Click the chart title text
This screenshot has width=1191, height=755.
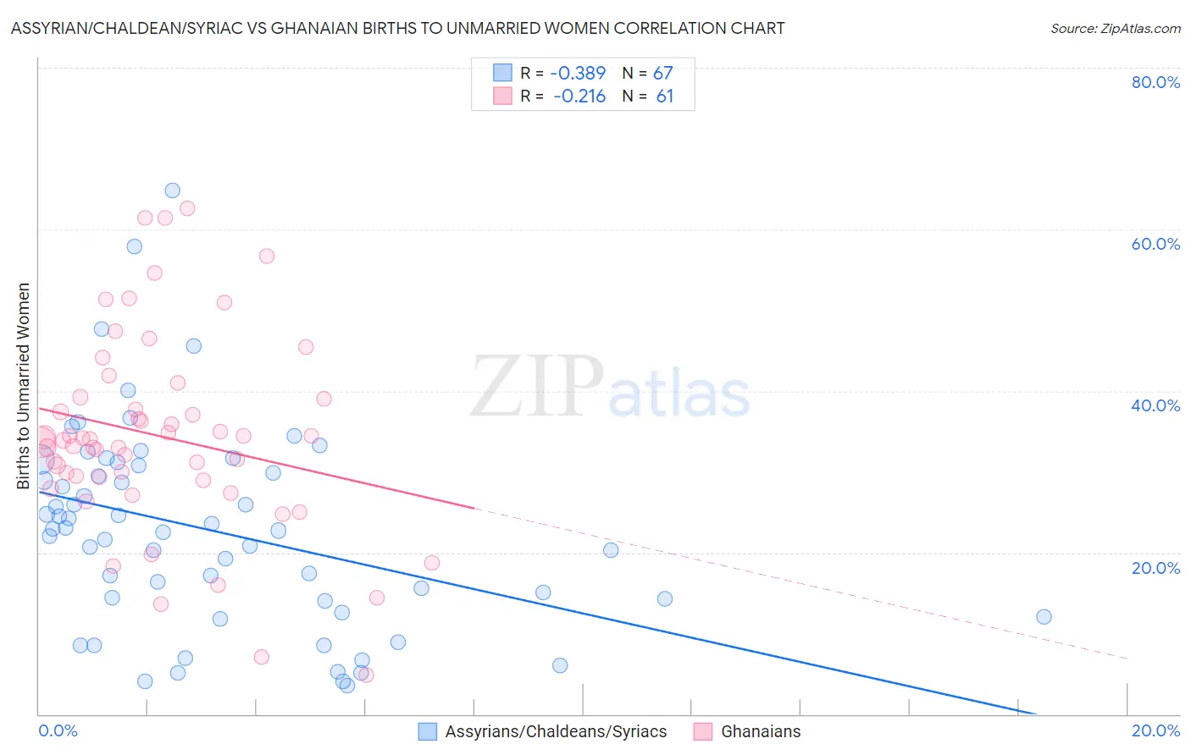[x=397, y=28]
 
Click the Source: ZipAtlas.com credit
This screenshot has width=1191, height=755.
[x=1115, y=28]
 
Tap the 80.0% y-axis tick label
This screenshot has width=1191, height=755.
[x=1155, y=82]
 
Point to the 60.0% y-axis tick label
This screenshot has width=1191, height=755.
[x=1155, y=244]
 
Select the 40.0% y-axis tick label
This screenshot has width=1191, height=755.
[x=1155, y=405]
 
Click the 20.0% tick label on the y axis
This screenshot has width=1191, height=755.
[x=1155, y=568]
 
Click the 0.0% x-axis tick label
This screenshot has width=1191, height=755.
[x=58, y=730]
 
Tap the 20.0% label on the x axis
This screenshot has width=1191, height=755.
[x=1155, y=730]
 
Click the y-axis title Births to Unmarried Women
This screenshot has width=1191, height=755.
[x=24, y=386]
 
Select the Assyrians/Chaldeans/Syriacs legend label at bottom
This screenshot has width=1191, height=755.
[x=556, y=732]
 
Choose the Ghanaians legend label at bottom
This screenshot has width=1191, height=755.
[x=761, y=732]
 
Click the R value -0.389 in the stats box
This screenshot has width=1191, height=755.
[x=578, y=73]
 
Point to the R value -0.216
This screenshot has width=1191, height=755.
[x=579, y=96]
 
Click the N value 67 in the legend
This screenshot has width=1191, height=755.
[x=662, y=73]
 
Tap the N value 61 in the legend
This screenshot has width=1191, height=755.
[x=664, y=96]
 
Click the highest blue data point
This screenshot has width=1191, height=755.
[x=172, y=190]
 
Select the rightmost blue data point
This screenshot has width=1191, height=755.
[x=1044, y=617]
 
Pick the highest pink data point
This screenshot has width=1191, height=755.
[x=187, y=208]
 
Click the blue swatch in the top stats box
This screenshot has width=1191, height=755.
[x=502, y=73]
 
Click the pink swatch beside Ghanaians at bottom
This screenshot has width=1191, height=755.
[x=703, y=732]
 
